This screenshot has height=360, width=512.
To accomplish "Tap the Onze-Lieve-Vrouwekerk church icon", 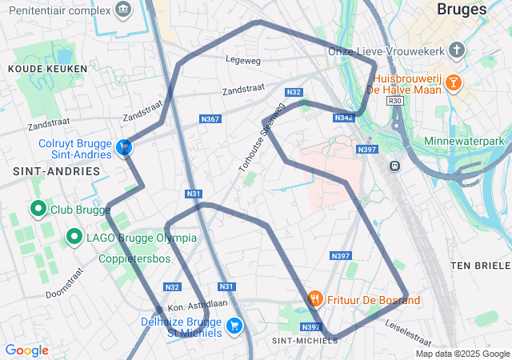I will (x=457, y=51).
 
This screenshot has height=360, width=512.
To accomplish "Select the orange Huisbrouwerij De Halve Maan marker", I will (x=453, y=82).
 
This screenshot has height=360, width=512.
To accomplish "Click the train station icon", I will (x=394, y=166).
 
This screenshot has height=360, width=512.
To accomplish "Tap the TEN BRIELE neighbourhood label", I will (x=480, y=265).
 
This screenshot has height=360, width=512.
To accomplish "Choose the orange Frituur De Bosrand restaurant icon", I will (x=315, y=298).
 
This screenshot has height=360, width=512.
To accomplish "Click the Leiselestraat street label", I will (x=409, y=328).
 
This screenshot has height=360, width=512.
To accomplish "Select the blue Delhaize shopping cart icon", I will (x=234, y=325).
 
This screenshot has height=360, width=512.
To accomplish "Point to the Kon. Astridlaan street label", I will (x=198, y=305).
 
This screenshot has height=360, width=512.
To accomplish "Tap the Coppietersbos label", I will (x=134, y=259).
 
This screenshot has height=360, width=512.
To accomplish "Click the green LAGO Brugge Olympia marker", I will (x=74, y=237).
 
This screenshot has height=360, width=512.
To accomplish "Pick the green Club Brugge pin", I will (x=38, y=210).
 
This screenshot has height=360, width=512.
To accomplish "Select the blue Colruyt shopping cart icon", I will (x=124, y=147).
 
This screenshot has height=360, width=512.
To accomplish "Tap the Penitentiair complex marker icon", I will (x=122, y=10).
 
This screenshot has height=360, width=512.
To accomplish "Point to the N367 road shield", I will (x=210, y=119).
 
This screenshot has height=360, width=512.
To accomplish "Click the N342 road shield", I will (x=344, y=118).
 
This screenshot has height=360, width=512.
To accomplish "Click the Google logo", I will (x=26, y=350).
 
